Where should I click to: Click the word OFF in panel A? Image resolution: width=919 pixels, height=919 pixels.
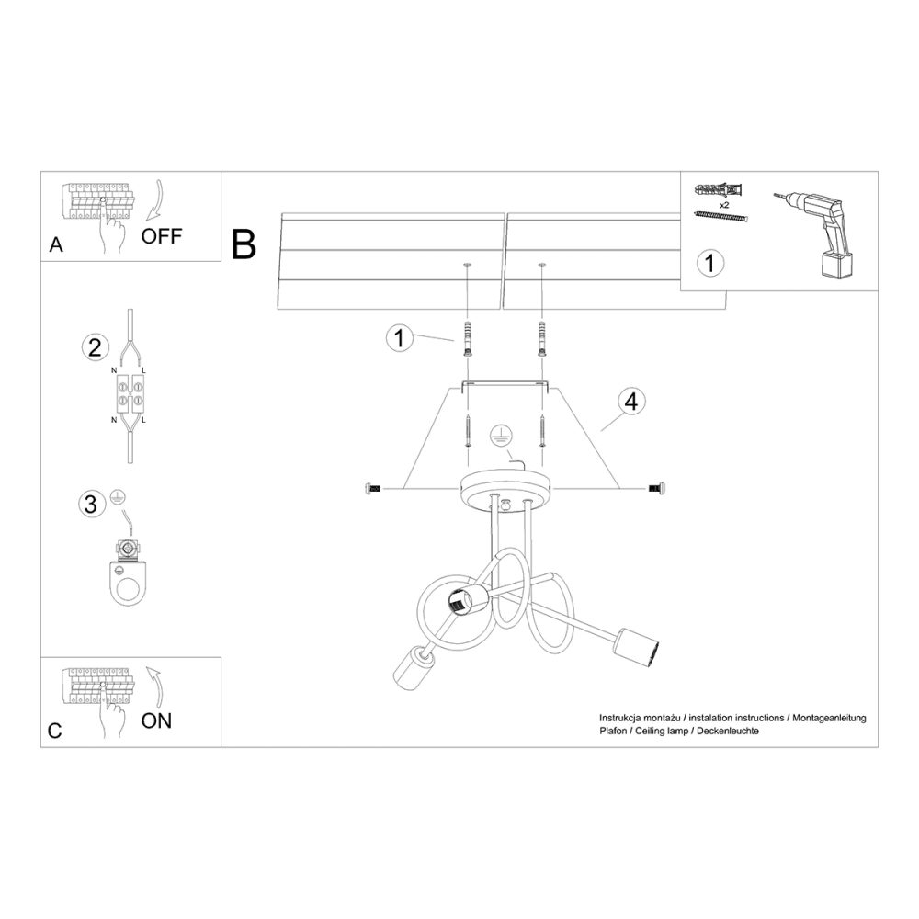pos(163,235)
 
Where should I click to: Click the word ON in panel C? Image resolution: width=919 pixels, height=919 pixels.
pos(156,720)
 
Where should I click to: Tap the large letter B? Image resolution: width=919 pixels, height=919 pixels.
pos(244,244)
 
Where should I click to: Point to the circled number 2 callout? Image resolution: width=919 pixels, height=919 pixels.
pos(92,347)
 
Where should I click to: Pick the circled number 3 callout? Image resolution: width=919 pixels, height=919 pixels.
pos(90,504)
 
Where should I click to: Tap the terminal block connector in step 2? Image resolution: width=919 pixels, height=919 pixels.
pos(128,395)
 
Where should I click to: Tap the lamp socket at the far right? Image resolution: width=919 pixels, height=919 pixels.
pos(639,642)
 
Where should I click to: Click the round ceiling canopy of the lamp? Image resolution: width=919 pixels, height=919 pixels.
pos(505,491)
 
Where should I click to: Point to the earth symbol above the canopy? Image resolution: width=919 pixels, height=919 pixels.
pos(500,435)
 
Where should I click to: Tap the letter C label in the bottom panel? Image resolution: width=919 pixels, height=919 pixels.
pos(54,732)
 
